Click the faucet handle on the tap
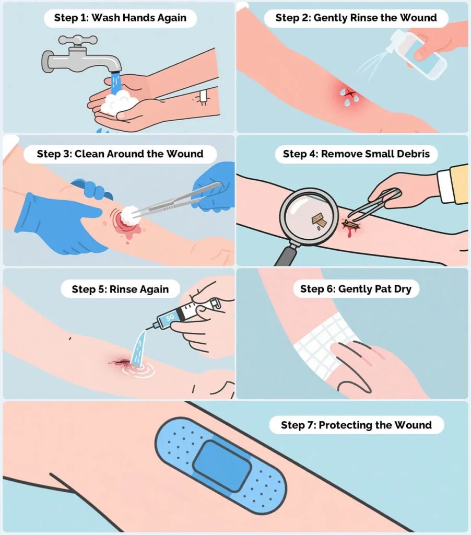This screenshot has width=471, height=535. [x=78, y=40]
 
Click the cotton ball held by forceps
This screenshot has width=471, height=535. [x=129, y=215]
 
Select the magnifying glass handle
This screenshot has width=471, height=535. [x=286, y=255]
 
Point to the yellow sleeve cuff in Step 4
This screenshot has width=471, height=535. [x=453, y=184]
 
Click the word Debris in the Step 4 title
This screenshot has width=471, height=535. [x=417, y=154]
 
